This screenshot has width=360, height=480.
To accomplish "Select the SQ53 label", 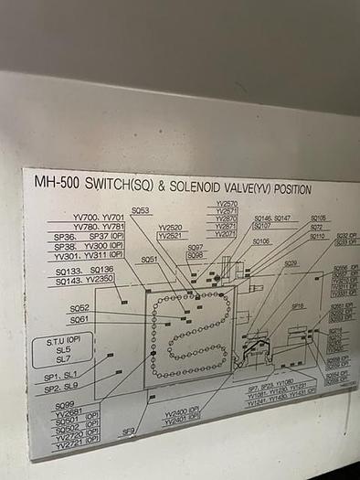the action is (140, 210).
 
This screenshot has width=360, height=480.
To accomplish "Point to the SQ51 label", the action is (149, 259).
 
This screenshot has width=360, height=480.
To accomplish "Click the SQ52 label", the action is (79, 308).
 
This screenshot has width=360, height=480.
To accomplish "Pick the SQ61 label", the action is (79, 320).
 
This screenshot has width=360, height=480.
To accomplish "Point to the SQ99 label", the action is (65, 405).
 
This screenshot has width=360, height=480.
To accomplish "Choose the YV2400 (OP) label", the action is (183, 412).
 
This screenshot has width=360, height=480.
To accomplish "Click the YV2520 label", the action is (170, 228).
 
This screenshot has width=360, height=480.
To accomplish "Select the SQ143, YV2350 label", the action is (84, 280).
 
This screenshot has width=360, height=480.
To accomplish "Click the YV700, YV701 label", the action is (99, 218).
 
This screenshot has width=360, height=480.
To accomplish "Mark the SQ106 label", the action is (261, 241).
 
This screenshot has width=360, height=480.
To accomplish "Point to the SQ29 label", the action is (291, 263).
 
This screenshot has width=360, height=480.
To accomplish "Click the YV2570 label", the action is (227, 204).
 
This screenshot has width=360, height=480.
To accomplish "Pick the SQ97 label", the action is (196, 248).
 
